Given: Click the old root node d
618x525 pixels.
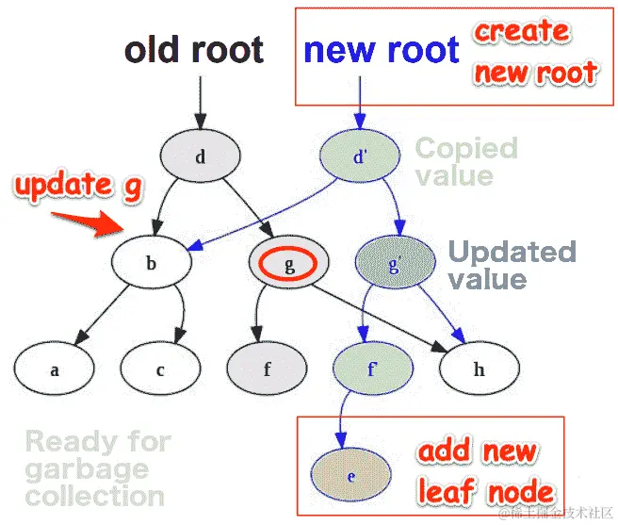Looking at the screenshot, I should click(x=200, y=156).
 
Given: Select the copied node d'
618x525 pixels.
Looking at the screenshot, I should click(x=359, y=156).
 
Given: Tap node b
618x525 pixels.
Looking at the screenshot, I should click(x=151, y=264).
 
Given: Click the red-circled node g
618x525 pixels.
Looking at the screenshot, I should click(x=289, y=264).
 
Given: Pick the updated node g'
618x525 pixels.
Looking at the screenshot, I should click(x=395, y=264).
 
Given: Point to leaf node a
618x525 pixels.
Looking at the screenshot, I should click(x=55, y=369).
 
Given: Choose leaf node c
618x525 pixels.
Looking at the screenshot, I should click(x=160, y=369).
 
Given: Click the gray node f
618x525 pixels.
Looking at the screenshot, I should click(x=268, y=369).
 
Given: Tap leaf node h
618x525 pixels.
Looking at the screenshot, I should click(x=479, y=369).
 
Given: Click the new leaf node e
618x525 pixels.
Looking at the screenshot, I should click(x=350, y=475).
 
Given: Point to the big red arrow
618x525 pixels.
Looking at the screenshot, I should click(x=84, y=223).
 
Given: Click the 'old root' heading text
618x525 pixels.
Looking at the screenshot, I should click(x=194, y=50).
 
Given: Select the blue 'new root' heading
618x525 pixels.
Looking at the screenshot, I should click(x=382, y=50).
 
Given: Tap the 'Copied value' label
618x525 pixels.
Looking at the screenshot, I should click(x=466, y=161).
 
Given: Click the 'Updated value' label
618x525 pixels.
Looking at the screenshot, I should click(x=511, y=265).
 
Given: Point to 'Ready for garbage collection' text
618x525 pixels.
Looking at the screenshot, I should click(x=97, y=468).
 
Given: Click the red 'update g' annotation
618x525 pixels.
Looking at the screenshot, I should click(x=77, y=185).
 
